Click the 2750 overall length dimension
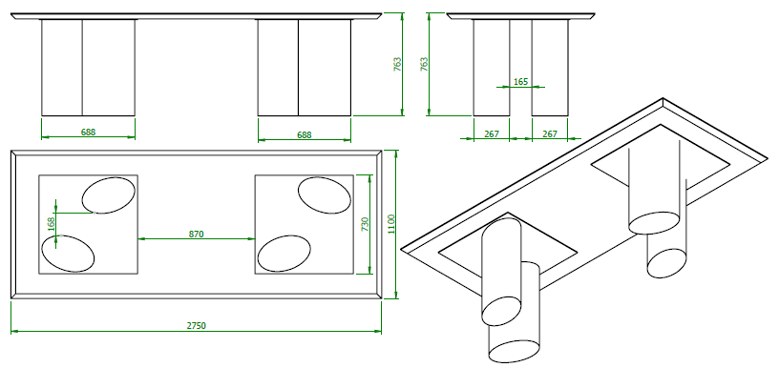click(x=197, y=326)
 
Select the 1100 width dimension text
click(x=391, y=224)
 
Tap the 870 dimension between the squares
click(x=197, y=235)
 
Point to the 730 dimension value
click(x=365, y=224)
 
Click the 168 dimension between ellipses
click(x=51, y=225)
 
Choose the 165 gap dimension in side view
click(x=520, y=82)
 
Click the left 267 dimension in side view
click(x=491, y=133)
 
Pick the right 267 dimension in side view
click(x=550, y=133)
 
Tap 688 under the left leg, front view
click(x=88, y=132)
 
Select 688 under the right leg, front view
click(x=304, y=134)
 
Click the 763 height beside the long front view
click(x=397, y=65)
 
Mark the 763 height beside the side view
click(x=424, y=65)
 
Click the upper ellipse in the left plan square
click(x=108, y=195)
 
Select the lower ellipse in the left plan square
click(x=68, y=254)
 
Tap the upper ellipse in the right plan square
click(x=325, y=195)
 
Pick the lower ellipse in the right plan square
click(x=284, y=254)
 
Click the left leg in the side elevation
click(x=492, y=68)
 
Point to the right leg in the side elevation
click(x=550, y=68)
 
